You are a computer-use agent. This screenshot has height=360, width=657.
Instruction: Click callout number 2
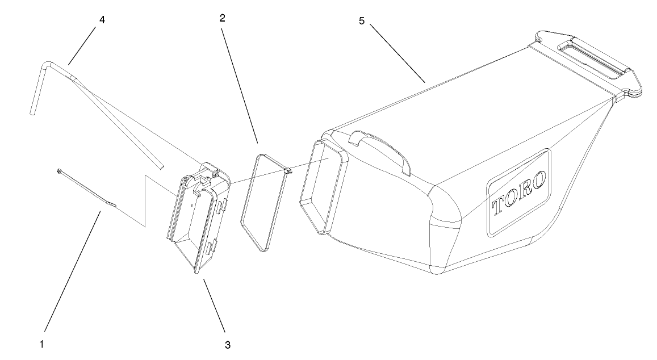[223, 18]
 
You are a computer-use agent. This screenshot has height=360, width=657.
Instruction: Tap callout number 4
[102, 20]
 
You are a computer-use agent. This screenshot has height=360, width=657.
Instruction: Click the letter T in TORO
[499, 206]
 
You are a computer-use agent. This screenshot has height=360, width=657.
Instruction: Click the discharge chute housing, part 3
[196, 221]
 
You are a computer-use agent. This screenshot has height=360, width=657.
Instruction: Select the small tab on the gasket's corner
[288, 169]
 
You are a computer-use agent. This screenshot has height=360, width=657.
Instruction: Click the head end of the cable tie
[59, 169]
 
